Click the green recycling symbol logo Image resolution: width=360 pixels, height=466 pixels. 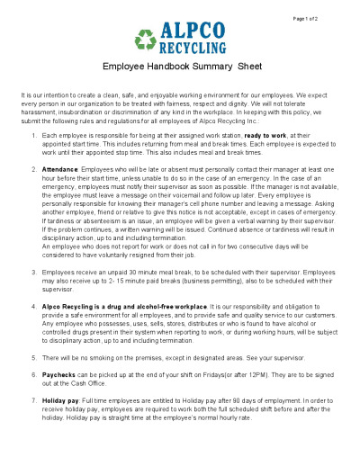coord(146,39)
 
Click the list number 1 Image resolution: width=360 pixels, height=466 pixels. coord(33,135)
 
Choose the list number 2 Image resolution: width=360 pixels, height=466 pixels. coord(33,168)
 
